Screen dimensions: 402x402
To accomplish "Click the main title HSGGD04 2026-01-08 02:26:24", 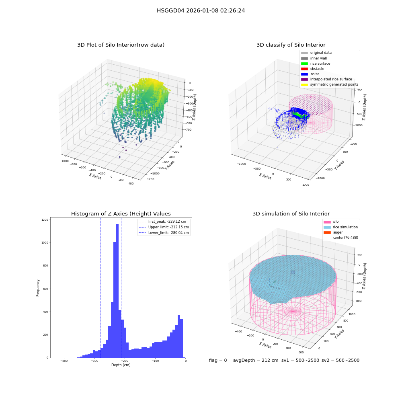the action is (x=201, y=10).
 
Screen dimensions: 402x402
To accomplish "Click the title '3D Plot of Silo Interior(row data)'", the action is (x=121, y=45).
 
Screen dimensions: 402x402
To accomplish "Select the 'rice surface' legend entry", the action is (x=316, y=64).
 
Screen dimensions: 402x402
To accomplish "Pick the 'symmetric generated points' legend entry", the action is (x=330, y=84).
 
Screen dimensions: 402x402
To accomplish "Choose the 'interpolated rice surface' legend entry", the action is (x=326, y=79).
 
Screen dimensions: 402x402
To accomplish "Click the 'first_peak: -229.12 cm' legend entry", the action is (x=162, y=222).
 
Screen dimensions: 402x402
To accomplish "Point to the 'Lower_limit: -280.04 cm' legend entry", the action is (x=164, y=233).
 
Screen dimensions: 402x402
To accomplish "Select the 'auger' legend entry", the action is (x=333, y=232).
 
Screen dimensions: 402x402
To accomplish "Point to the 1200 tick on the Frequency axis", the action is (x=45, y=220).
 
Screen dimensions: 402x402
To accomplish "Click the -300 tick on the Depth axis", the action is (x=94, y=361).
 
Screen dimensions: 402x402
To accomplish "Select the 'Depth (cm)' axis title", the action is (x=121, y=365).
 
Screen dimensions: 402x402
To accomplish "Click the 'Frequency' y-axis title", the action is (x=38, y=288).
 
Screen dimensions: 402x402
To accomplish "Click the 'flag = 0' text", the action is (x=218, y=360).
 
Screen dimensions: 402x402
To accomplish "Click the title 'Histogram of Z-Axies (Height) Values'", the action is (x=121, y=214).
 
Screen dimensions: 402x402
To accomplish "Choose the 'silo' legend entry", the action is (x=331, y=222).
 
